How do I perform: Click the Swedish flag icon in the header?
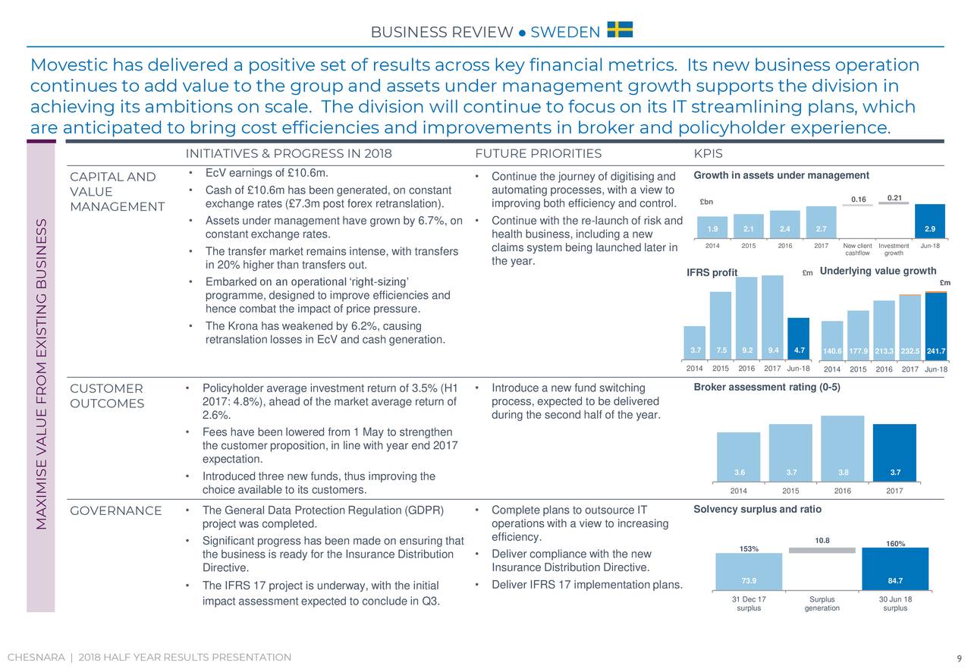click(x=620, y=30)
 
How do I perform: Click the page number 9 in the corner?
click(x=959, y=658)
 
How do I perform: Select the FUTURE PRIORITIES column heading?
click(x=538, y=154)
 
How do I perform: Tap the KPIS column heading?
click(x=708, y=154)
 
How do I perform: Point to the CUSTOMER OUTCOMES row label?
click(x=106, y=396)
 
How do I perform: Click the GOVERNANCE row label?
click(x=115, y=510)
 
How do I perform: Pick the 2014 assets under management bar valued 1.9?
click(x=712, y=227)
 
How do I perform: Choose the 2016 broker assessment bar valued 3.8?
click(x=842, y=449)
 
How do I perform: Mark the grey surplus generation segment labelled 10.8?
click(x=822, y=550)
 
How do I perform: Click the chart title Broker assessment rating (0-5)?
click(x=767, y=388)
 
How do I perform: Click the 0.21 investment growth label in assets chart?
click(x=894, y=199)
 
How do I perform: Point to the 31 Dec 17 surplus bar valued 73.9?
click(x=749, y=572)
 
